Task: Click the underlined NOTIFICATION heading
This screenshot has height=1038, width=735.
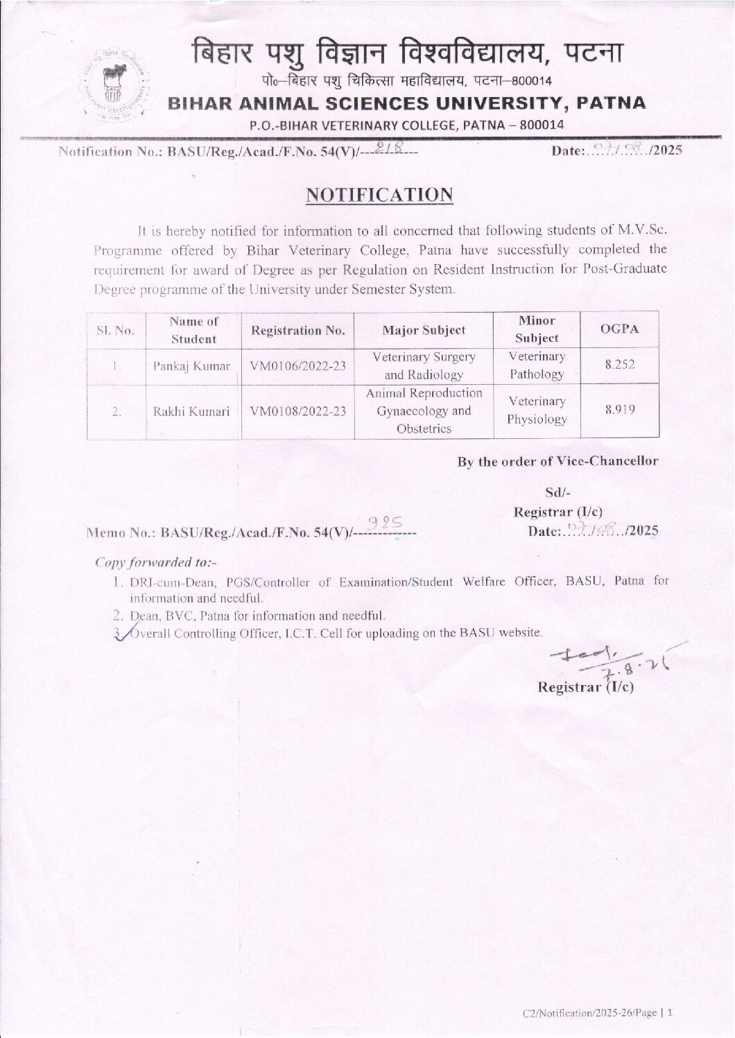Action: tap(379, 195)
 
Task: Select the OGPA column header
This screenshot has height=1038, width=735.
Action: tap(619, 329)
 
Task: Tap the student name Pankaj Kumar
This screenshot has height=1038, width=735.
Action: tap(191, 366)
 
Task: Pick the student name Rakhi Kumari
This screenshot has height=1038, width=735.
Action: tap(191, 411)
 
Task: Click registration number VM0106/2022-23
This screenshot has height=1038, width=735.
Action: tap(297, 366)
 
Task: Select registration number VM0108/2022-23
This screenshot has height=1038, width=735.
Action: tap(297, 411)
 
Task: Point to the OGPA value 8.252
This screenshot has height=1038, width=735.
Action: tap(619, 365)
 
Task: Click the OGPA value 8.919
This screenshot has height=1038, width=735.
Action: tap(619, 409)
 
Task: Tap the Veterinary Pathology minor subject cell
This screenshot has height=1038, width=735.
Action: tap(537, 365)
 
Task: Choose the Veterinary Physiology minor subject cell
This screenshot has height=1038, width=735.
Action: tap(537, 410)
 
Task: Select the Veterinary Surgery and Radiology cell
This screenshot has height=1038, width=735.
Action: tap(424, 365)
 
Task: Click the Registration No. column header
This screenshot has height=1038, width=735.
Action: tap(297, 330)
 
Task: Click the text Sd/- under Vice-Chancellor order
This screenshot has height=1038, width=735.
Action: tap(557, 493)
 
